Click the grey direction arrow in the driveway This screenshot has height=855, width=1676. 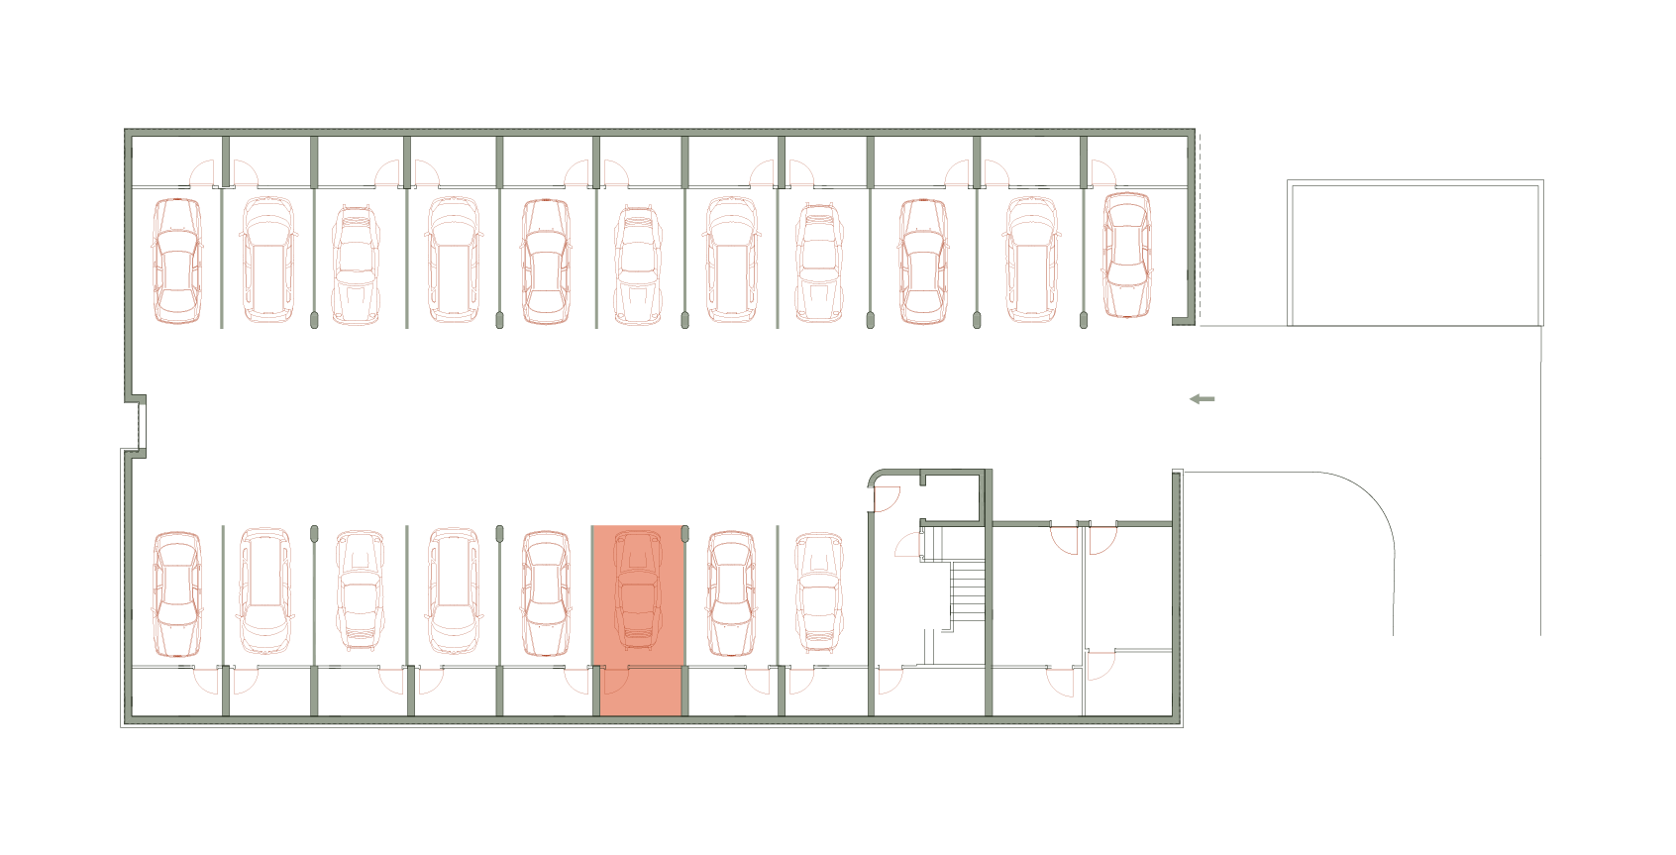(x=1202, y=399)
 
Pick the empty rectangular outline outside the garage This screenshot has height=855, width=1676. (x=1414, y=254)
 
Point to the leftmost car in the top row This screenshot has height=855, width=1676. (x=177, y=261)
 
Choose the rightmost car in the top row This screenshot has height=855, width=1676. (x=1127, y=255)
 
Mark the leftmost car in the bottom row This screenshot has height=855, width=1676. (x=177, y=593)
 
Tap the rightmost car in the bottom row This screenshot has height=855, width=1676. (x=819, y=591)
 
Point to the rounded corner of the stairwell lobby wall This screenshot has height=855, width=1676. (x=876, y=479)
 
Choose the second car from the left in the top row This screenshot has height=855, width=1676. (x=268, y=260)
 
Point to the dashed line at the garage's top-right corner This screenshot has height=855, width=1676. (x=1200, y=228)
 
